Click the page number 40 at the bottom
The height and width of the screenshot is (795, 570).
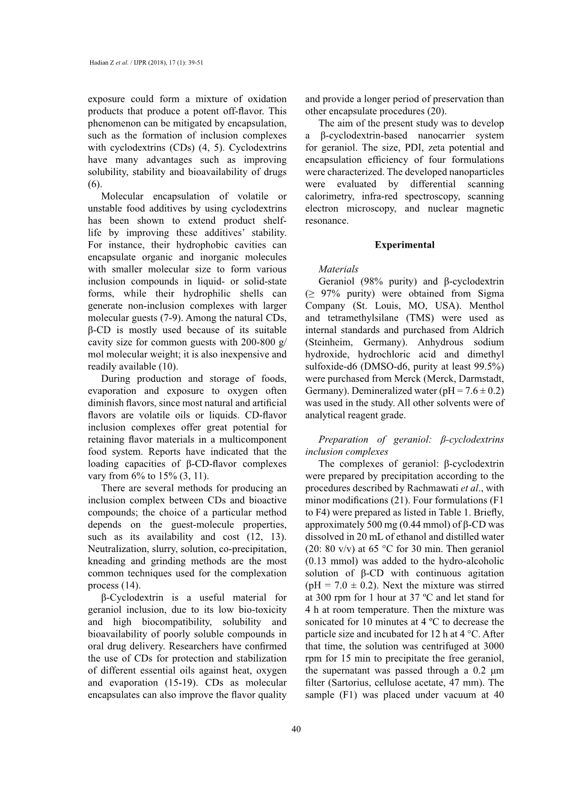(x=296, y=729)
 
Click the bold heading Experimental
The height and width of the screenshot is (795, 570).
(x=404, y=245)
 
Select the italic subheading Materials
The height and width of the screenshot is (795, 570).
(x=338, y=269)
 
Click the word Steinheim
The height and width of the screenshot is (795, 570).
(x=331, y=342)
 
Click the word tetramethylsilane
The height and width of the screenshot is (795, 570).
(x=362, y=318)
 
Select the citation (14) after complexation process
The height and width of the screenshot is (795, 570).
(x=130, y=586)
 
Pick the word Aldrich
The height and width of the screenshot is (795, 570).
(x=489, y=330)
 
